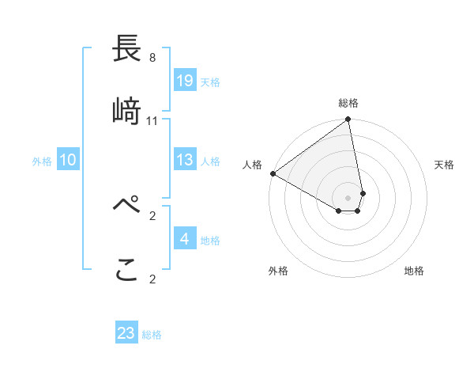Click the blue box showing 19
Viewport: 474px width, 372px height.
(x=185, y=81)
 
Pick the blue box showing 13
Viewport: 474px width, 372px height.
(x=185, y=161)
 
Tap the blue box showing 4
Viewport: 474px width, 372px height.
(x=185, y=239)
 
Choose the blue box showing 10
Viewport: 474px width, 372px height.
(x=68, y=161)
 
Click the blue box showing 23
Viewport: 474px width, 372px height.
(x=126, y=333)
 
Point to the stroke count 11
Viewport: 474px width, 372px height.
(x=152, y=121)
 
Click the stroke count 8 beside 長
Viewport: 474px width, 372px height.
(x=152, y=58)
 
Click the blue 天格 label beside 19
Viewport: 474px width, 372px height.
(x=210, y=82)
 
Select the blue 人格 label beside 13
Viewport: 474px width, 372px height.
(x=210, y=161)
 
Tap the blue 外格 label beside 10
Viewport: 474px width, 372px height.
(x=42, y=161)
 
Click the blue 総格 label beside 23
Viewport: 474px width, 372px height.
(x=152, y=334)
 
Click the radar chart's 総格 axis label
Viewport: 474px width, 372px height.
(x=348, y=103)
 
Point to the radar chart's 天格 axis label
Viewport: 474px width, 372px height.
(x=444, y=165)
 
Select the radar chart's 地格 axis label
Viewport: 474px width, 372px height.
(x=414, y=271)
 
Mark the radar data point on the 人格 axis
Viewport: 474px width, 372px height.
(x=273, y=173)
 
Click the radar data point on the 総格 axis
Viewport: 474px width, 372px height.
(x=348, y=120)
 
